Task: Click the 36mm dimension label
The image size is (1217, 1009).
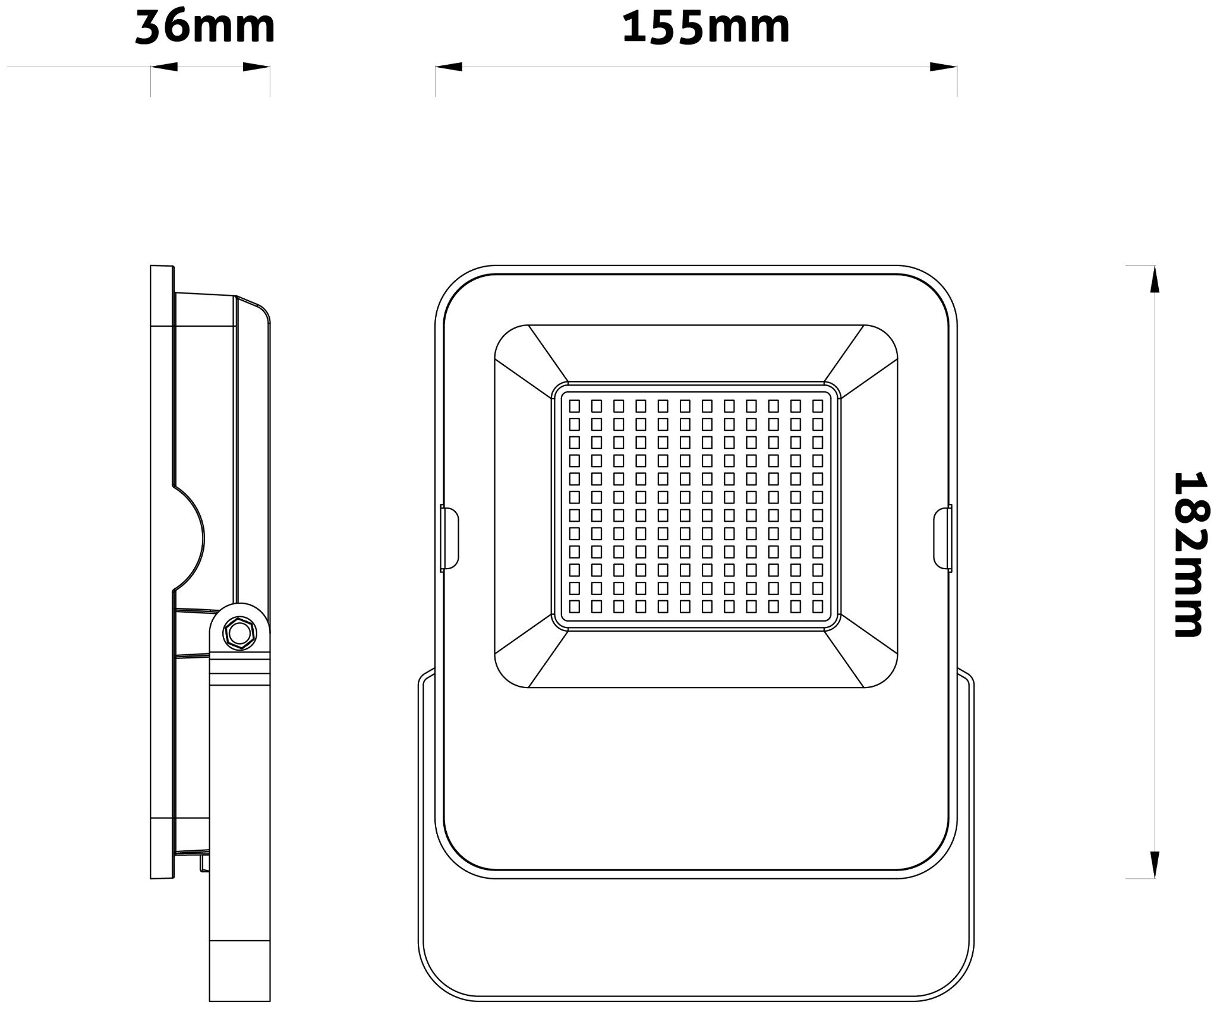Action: (x=205, y=27)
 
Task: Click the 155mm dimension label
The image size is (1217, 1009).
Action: (x=705, y=27)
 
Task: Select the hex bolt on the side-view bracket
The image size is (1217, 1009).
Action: (x=239, y=633)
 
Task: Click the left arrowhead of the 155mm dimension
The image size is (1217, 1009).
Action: (x=449, y=67)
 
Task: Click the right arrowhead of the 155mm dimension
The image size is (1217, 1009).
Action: (x=943, y=67)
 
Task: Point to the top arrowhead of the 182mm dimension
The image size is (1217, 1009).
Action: (x=1155, y=279)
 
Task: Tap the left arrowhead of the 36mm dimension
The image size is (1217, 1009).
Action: (x=165, y=67)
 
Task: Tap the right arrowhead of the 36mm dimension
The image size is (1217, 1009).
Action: (x=256, y=67)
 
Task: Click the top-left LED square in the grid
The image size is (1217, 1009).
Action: (x=575, y=406)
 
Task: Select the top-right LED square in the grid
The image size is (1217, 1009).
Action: (x=818, y=406)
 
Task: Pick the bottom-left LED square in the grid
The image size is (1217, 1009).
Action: (x=575, y=606)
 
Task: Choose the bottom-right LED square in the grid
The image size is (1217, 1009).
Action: (x=818, y=606)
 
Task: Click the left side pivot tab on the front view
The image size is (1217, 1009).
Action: (x=449, y=538)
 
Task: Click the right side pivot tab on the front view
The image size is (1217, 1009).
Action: (x=942, y=538)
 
